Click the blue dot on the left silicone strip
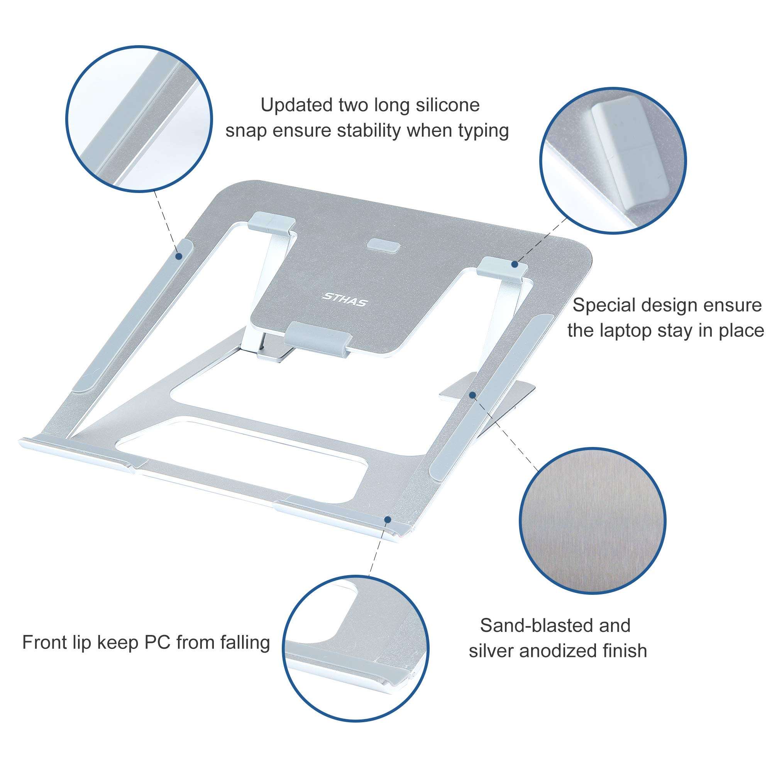(x=179, y=256)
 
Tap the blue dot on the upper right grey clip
(x=515, y=264)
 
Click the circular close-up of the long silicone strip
(x=139, y=119)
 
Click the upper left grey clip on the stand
(x=272, y=223)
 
